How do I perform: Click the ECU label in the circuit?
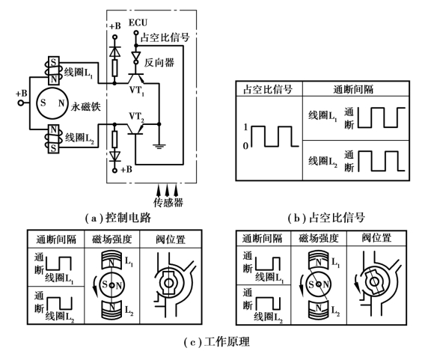click(x=138, y=22)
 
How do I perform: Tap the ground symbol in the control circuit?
click(x=159, y=147)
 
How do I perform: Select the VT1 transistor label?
click(x=137, y=91)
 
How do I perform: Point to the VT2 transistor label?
click(x=136, y=117)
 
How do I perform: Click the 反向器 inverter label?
click(x=159, y=63)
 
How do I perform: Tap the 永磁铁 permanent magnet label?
click(x=85, y=106)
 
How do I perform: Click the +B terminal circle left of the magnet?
click(x=20, y=103)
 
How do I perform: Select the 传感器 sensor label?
click(x=168, y=203)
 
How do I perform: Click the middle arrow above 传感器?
click(x=168, y=190)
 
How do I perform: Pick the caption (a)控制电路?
click(x=118, y=218)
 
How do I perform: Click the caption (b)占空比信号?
click(x=326, y=218)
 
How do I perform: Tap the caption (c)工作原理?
click(x=216, y=342)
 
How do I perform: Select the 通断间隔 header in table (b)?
click(x=353, y=89)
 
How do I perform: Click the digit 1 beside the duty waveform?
click(x=245, y=127)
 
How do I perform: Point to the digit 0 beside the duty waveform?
click(x=245, y=146)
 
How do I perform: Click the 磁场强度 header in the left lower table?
click(x=112, y=240)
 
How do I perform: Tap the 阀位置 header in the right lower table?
click(x=376, y=238)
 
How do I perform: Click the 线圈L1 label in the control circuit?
click(x=79, y=73)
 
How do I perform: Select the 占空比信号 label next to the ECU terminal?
click(x=165, y=37)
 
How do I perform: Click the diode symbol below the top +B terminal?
click(x=114, y=52)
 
